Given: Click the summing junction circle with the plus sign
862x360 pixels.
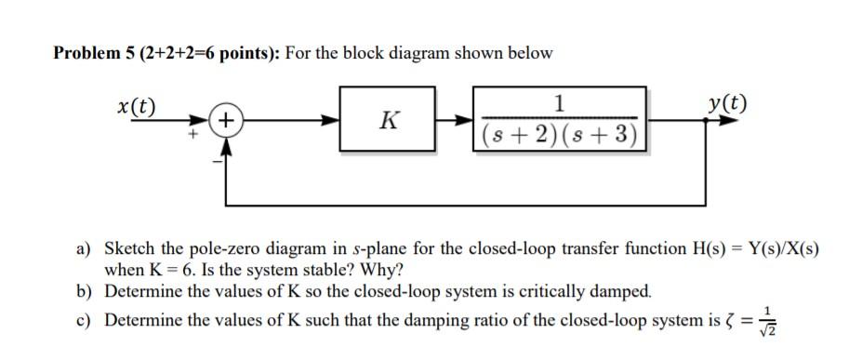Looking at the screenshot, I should click(226, 120).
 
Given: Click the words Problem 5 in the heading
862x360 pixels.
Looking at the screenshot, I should click(90, 53).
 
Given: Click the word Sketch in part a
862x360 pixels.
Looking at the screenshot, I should click(127, 251).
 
